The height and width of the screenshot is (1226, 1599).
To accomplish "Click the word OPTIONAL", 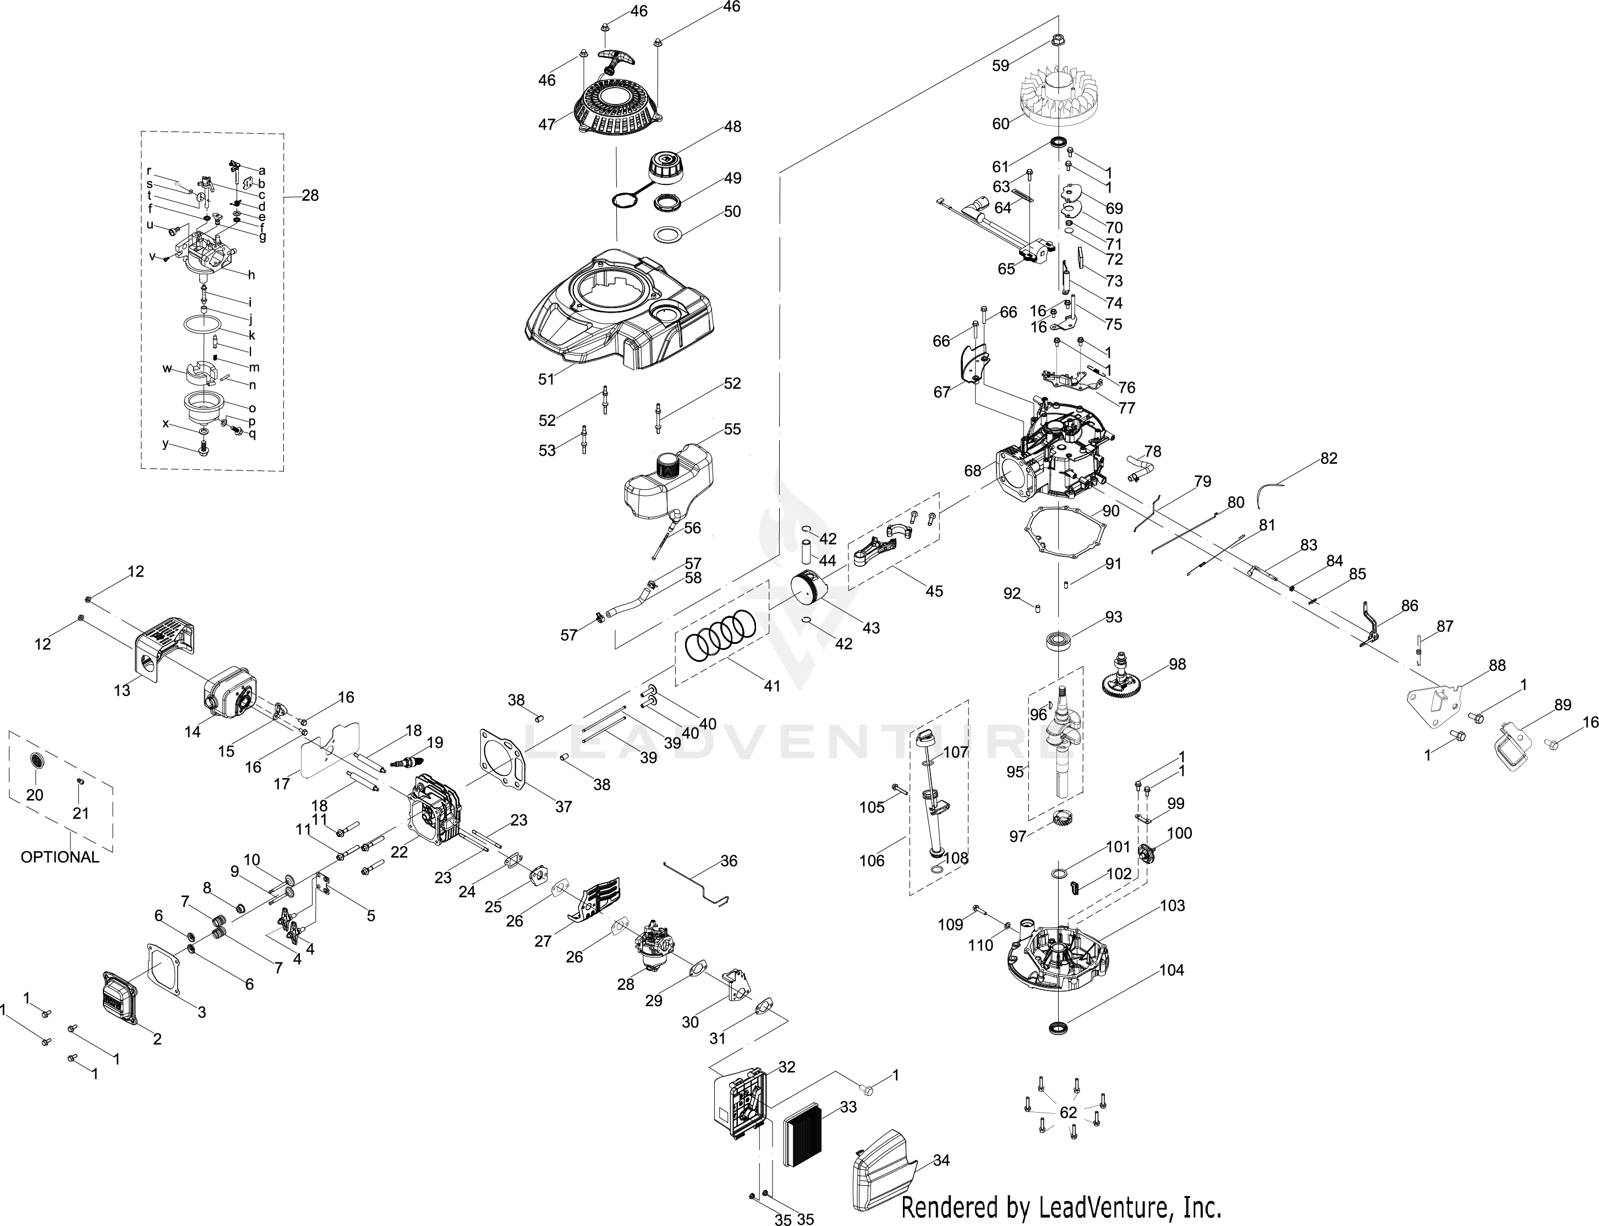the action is click(60, 857).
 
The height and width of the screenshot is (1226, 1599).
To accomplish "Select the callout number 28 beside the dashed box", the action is click(310, 195).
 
